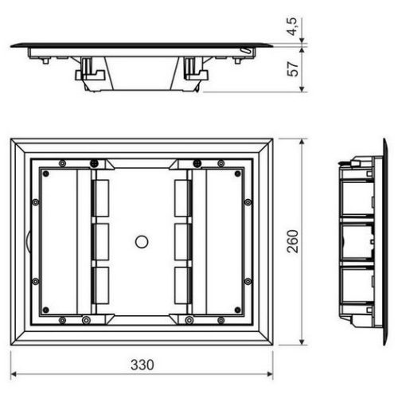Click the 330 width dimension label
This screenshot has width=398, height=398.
142,365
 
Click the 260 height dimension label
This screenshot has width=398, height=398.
293,241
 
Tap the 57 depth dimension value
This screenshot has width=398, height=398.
293,69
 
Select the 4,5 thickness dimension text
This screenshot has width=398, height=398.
293,26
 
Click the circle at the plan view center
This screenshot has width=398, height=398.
142,242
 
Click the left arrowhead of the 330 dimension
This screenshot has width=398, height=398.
14,374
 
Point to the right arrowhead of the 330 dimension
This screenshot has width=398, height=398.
270,374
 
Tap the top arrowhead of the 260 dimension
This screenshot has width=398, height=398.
302,142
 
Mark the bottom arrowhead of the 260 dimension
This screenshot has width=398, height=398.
302,341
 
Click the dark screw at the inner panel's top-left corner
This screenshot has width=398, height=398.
46,174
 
